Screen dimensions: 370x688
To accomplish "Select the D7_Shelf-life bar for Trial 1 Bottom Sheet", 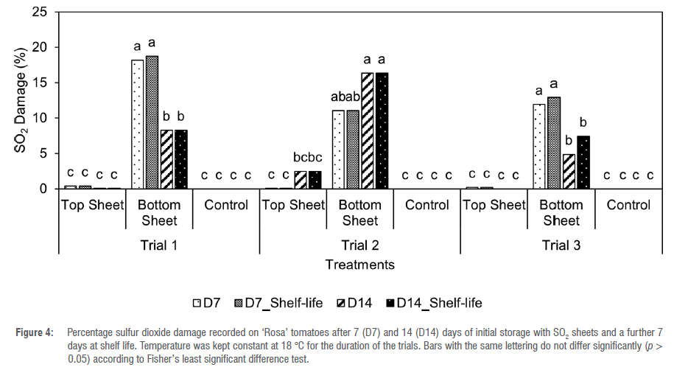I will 152,122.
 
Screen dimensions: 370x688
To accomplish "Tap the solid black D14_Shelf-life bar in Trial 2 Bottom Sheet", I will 382,131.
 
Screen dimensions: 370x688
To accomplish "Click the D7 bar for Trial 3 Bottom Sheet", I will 539,147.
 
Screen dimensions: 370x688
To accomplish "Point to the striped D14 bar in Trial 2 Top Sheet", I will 300,180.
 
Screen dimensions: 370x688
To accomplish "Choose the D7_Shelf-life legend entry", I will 281,302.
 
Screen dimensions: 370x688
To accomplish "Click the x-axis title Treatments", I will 360,264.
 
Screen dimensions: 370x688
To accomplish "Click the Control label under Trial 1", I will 226,205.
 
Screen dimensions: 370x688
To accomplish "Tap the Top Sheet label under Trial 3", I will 493,205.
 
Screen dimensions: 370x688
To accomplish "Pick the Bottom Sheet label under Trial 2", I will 360,212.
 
